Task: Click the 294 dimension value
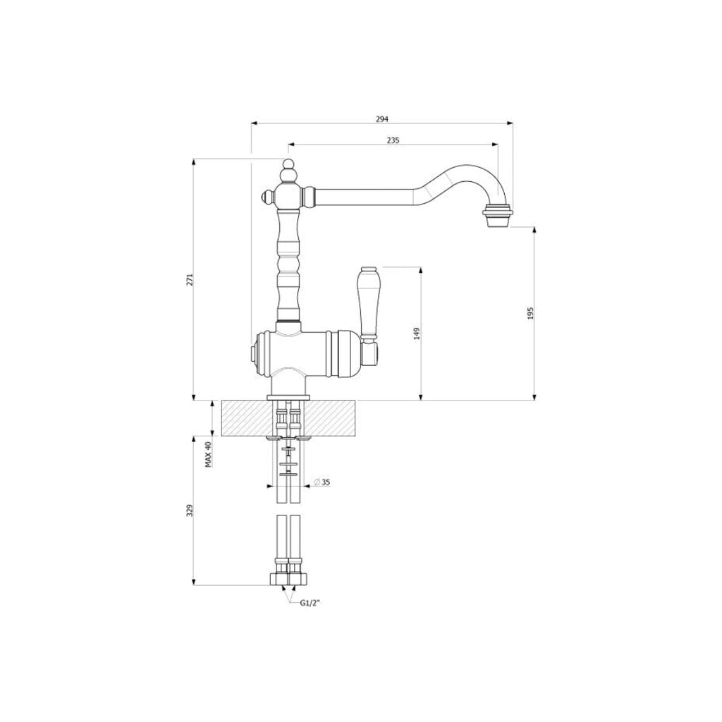381,118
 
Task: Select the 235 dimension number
393,140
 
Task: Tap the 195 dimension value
530,312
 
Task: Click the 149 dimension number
417,332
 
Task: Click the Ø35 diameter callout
322,482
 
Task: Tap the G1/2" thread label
310,604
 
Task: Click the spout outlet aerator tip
498,214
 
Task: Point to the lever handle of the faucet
368,303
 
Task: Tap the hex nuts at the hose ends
288,578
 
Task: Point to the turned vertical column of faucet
288,268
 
